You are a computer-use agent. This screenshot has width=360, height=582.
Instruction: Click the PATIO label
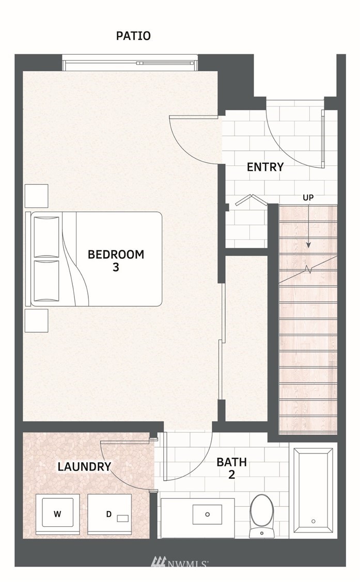[x=133, y=36]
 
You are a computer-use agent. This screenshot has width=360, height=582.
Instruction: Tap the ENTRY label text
[x=265, y=167]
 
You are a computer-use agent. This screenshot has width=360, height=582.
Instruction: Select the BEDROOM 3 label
[x=116, y=261]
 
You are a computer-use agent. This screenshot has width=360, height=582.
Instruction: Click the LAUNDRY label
[x=84, y=466]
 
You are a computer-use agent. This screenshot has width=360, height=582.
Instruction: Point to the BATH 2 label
[x=231, y=468]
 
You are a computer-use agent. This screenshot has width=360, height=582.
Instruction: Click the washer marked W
[x=57, y=514]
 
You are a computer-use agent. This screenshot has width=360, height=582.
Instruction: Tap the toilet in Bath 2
[x=262, y=516]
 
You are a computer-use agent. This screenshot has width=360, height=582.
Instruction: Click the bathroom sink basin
[x=208, y=514]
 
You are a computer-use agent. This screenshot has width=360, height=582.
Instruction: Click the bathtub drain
[x=314, y=521]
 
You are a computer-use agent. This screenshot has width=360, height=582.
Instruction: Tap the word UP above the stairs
[x=308, y=198]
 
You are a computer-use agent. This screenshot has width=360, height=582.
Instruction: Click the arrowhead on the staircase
[x=308, y=245]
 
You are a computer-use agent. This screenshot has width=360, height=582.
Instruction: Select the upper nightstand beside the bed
[x=36, y=196]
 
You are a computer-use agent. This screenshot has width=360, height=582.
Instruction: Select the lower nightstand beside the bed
[x=36, y=320]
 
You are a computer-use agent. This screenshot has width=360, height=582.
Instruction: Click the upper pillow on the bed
[x=46, y=237]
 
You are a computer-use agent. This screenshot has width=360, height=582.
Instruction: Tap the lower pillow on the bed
[x=46, y=280]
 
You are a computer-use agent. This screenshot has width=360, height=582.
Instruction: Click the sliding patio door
[x=130, y=62]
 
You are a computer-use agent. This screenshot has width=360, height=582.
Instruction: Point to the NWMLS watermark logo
[x=180, y=563]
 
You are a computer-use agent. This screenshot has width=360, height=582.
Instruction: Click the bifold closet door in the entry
[x=252, y=200]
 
